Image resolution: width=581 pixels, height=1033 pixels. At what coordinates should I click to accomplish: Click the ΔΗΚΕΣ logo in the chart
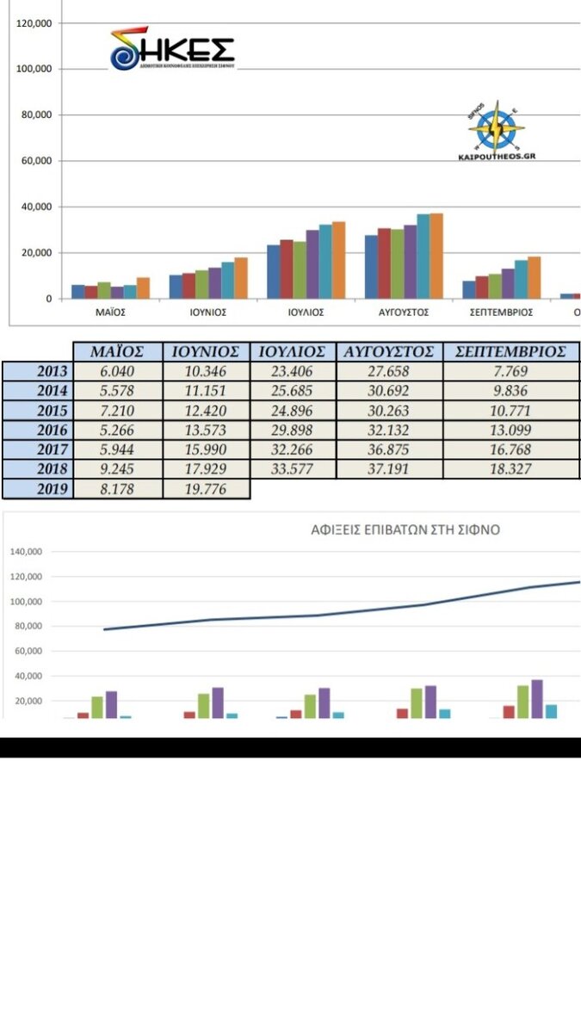(x=172, y=49)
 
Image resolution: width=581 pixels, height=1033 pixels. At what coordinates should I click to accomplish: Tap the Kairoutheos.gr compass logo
(x=497, y=131)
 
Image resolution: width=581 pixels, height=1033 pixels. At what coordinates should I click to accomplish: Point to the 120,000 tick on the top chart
(x=34, y=23)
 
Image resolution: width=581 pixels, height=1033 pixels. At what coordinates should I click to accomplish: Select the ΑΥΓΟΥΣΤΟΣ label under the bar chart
(x=405, y=312)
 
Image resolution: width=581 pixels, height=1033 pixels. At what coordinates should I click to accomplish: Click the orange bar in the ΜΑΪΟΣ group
(x=143, y=288)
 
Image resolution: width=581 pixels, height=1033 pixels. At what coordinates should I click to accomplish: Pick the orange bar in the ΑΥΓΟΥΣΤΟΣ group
(x=436, y=256)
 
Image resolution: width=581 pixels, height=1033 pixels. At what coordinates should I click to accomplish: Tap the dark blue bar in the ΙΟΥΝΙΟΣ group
(x=176, y=287)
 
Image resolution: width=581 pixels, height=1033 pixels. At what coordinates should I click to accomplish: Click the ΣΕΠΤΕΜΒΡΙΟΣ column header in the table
(x=511, y=351)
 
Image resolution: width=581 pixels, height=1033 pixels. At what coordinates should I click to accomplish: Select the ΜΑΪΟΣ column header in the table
(x=117, y=351)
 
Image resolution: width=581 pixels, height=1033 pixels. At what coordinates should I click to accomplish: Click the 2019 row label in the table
(x=39, y=489)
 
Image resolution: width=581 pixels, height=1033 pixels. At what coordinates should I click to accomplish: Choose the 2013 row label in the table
(x=39, y=371)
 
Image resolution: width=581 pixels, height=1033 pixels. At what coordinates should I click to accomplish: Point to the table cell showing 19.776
(x=206, y=489)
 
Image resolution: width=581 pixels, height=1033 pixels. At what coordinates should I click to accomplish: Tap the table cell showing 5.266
(x=117, y=430)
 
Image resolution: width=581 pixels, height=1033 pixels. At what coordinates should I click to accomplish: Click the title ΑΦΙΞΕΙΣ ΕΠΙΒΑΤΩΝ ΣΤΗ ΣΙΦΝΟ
(x=405, y=530)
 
